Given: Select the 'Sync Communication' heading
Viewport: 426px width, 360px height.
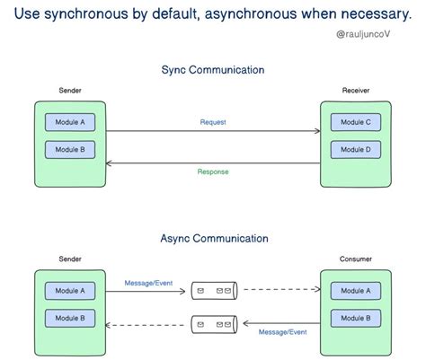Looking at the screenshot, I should click(213, 70).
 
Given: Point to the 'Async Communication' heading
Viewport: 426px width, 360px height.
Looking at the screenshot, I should click(213, 239).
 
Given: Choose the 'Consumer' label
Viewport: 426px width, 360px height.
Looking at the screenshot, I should click(356, 259).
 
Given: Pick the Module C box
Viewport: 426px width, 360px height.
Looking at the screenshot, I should click(356, 121).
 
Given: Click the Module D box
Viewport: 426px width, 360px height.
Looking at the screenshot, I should click(356, 148).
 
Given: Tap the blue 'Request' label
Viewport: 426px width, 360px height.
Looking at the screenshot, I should click(213, 121).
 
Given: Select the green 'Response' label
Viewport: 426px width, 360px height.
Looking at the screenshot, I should click(213, 171).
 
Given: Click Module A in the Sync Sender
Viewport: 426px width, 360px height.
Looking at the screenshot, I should click(70, 121).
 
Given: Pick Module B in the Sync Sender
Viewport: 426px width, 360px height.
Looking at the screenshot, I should click(70, 148).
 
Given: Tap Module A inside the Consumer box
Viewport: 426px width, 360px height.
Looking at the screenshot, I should click(356, 291).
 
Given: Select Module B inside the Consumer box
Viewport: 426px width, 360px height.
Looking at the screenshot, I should click(356, 318).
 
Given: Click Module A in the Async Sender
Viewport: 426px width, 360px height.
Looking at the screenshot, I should click(70, 291).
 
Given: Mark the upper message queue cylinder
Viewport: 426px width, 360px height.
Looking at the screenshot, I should click(214, 291).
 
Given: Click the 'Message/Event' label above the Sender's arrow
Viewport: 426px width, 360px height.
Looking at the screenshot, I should click(149, 282).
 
